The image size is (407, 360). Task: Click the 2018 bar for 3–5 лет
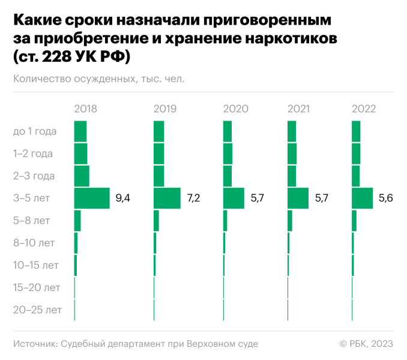point(92,198)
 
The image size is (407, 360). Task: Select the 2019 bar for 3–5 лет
point(167,198)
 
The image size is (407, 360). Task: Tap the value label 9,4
point(122,198)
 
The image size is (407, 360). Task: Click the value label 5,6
point(385,198)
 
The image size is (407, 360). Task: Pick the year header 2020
point(235,109)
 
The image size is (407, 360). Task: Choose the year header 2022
point(364,109)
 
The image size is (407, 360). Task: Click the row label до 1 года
point(35,131)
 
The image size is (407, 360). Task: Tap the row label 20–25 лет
point(37,310)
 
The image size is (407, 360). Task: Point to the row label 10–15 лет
point(36,265)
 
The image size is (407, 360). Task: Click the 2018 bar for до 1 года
point(80,131)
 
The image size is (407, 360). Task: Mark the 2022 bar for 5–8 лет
point(354,221)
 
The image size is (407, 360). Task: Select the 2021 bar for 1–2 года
point(292,154)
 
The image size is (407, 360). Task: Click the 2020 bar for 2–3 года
point(228,176)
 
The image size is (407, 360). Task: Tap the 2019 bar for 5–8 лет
point(156,221)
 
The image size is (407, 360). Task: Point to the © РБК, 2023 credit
point(366,344)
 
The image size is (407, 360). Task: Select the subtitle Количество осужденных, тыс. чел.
point(98,78)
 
